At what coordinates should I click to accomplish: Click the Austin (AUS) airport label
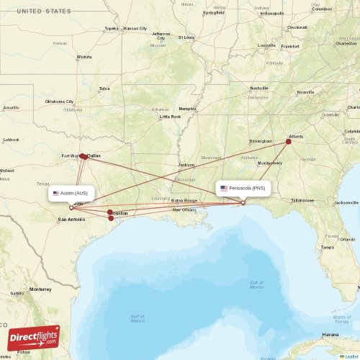(71, 193)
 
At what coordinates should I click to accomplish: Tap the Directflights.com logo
(34, 337)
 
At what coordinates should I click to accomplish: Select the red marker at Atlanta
(289, 142)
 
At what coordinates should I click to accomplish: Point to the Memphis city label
(188, 99)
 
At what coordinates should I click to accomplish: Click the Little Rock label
(171, 116)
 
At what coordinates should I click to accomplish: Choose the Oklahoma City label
(60, 102)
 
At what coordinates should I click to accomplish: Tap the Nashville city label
(259, 88)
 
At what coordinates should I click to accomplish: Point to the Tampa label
(328, 246)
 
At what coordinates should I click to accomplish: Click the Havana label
(330, 335)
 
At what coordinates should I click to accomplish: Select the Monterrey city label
(40, 289)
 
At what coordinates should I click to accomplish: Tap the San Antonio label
(71, 218)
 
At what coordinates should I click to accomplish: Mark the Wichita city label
(85, 56)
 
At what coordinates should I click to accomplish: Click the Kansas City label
(135, 28)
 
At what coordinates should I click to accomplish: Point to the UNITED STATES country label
(44, 12)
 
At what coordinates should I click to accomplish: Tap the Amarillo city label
(11, 108)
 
